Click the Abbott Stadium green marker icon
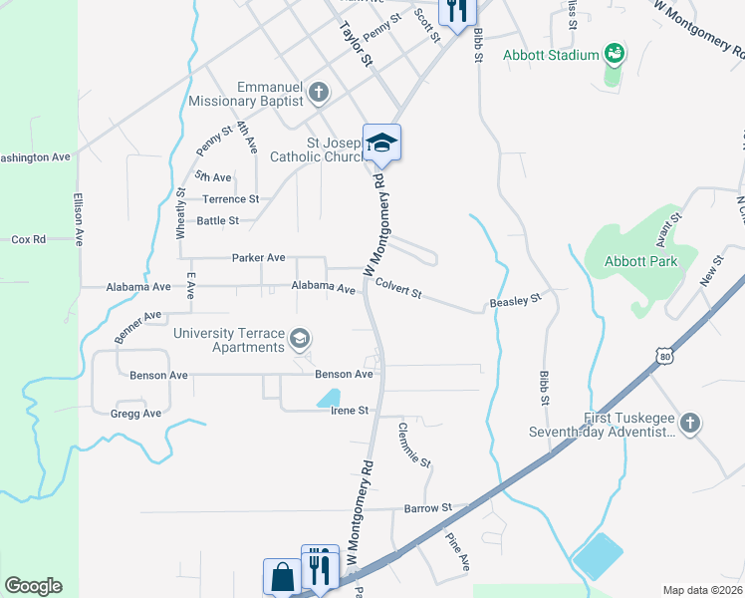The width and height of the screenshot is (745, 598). (x=615, y=52)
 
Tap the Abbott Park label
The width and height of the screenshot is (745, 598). (x=640, y=261)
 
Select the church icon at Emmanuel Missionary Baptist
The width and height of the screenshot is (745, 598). (x=318, y=94)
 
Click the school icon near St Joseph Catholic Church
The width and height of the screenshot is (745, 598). (x=381, y=144)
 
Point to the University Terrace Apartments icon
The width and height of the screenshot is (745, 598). (x=299, y=340)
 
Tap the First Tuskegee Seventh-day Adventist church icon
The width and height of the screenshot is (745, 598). (x=688, y=424)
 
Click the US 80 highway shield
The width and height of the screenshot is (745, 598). (x=663, y=355)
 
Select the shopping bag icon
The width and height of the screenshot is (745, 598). (x=282, y=576)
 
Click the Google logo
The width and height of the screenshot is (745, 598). (x=33, y=585)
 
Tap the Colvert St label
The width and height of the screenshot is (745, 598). (x=398, y=289)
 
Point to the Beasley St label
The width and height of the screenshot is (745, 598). (x=514, y=299)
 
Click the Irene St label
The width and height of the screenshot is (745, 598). (x=350, y=410)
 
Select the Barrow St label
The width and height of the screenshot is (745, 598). (x=428, y=507)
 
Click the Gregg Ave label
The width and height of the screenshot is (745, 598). (x=136, y=414)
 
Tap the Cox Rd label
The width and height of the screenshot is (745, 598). (x=29, y=239)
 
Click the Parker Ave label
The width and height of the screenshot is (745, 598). (x=258, y=257)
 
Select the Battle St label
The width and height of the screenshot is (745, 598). (x=217, y=220)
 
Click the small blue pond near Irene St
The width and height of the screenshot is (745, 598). (x=328, y=398)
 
